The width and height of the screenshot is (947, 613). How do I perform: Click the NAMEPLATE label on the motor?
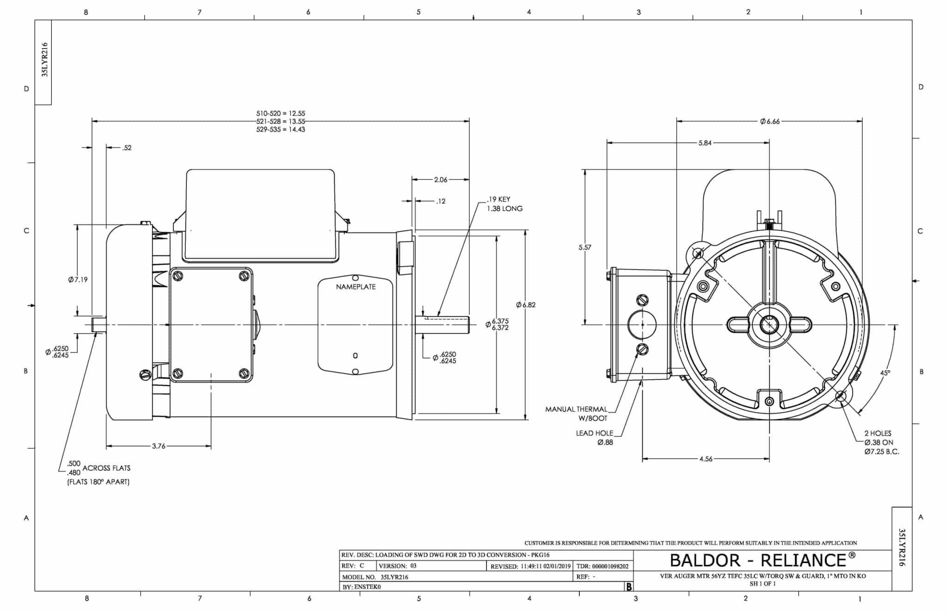pos(356,287)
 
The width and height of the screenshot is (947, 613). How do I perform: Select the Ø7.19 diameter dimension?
pos(78,279)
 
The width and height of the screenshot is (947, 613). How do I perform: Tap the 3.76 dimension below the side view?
pos(159,446)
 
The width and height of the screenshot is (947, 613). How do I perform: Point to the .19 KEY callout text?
pos(498,199)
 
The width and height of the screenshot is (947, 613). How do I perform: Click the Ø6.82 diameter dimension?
pos(526,305)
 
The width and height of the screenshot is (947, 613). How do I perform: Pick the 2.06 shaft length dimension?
pos(440,180)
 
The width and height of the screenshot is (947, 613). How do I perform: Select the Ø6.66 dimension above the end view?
pos(769,121)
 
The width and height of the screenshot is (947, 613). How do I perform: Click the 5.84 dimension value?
pos(705,143)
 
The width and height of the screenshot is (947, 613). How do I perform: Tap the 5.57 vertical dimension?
pos(584,248)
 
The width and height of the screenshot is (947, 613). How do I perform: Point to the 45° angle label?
pos(885,373)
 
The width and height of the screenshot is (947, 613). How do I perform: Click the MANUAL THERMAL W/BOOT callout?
pos(576,414)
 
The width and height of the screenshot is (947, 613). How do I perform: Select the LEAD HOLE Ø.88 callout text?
pos(595,438)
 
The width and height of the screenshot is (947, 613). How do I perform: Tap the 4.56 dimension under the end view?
pos(706,459)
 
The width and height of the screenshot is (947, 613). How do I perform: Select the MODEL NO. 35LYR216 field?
pos(375,577)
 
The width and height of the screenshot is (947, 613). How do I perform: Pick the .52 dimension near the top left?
pos(127,148)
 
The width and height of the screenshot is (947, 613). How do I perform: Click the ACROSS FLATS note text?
pos(106,468)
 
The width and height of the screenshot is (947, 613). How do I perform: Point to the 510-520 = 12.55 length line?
pos(281,113)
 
